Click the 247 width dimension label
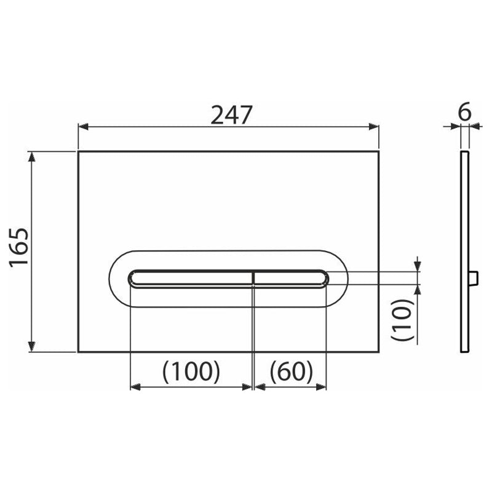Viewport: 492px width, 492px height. coord(232,115)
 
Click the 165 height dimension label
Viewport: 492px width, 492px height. coord(19,248)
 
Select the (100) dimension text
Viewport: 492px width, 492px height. coord(191,371)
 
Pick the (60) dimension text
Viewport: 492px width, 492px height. coord(291,371)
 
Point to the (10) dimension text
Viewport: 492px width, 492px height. coord(403,319)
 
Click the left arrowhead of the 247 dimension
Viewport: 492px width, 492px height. coord(83,127)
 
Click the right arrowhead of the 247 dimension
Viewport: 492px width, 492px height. coord(374,127)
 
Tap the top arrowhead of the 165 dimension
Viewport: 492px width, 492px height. coord(31,157)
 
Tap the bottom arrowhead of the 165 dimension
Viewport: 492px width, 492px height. coord(31,347)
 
